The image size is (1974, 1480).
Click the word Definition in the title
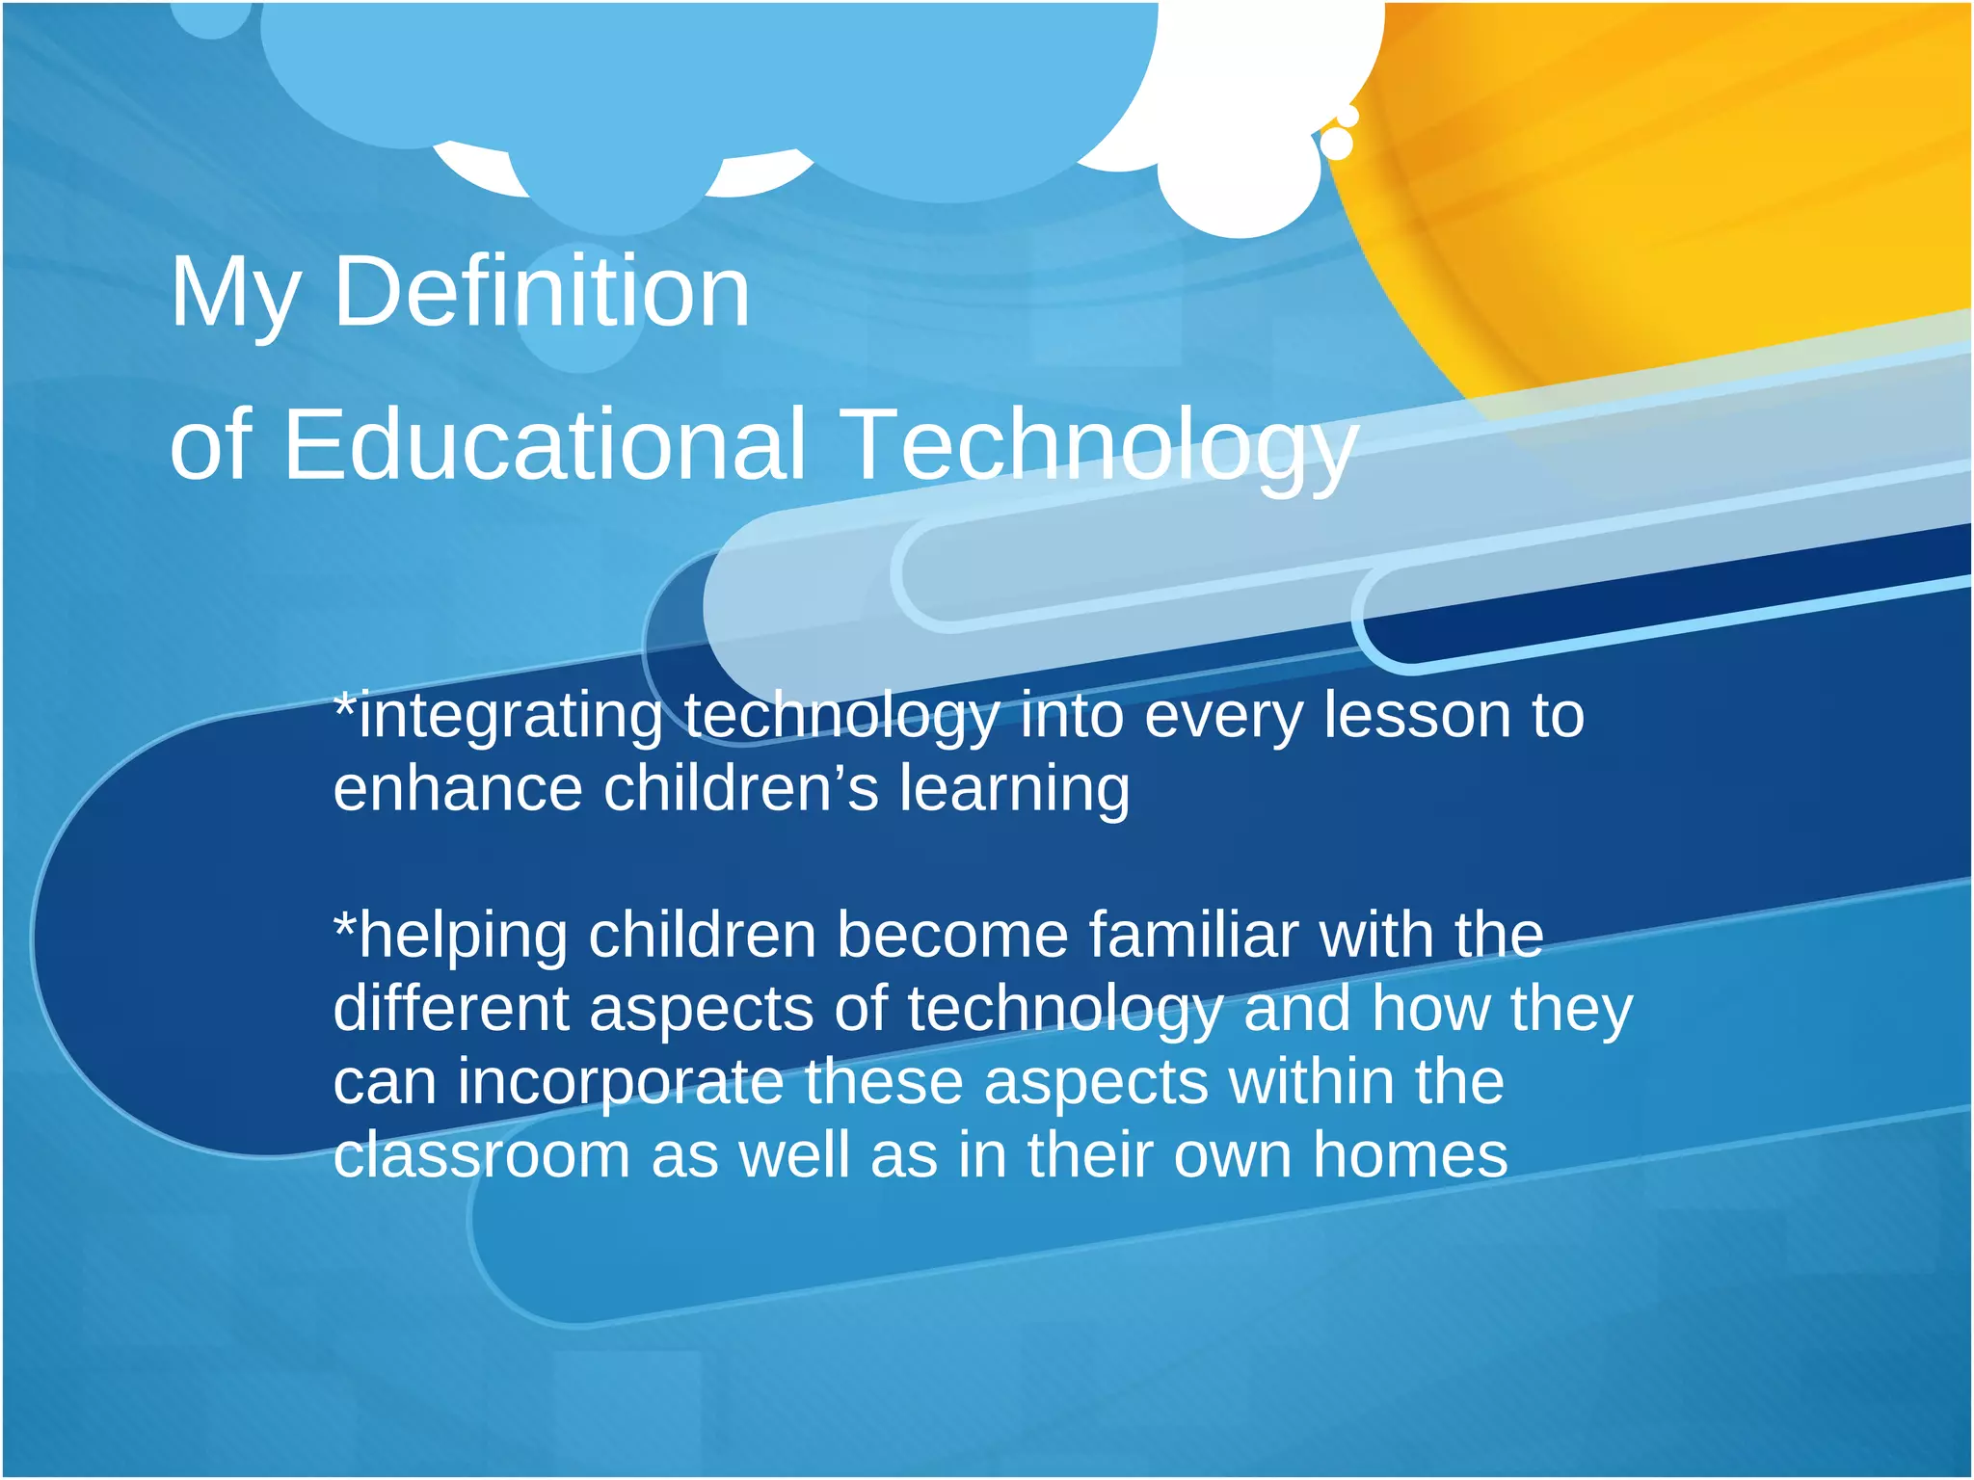point(541,292)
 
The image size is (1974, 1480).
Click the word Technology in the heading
point(1099,445)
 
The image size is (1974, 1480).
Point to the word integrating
point(511,718)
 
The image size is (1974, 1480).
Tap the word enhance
point(458,788)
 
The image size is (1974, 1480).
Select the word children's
point(740,788)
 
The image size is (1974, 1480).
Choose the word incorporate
point(620,1084)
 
